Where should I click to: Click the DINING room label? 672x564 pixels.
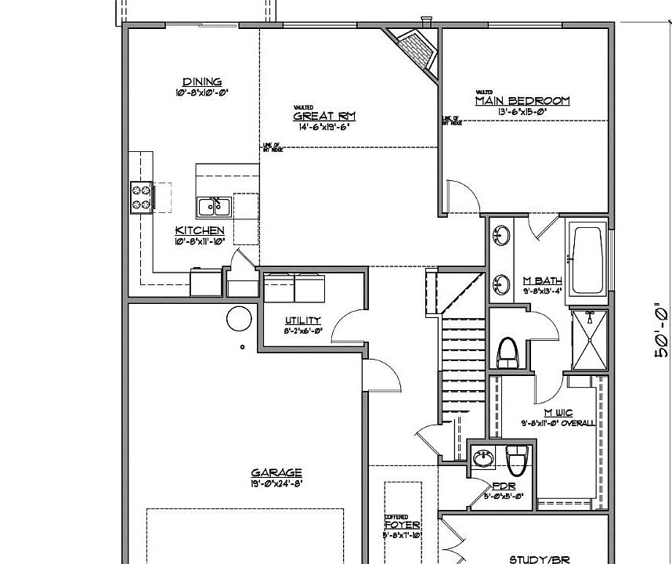(202, 82)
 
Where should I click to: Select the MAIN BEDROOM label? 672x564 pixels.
(522, 100)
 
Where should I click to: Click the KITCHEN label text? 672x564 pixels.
(200, 230)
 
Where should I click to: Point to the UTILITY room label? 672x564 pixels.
(302, 320)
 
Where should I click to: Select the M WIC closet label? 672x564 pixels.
(558, 412)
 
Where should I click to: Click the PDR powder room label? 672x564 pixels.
(502, 486)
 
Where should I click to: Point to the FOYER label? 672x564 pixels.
(403, 525)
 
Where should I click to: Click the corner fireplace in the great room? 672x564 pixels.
(413, 49)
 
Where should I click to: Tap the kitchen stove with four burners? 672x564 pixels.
(141, 197)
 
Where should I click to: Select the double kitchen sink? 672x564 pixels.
(213, 207)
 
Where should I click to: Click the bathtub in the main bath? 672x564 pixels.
(587, 260)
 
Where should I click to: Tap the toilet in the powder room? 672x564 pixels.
(517, 461)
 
